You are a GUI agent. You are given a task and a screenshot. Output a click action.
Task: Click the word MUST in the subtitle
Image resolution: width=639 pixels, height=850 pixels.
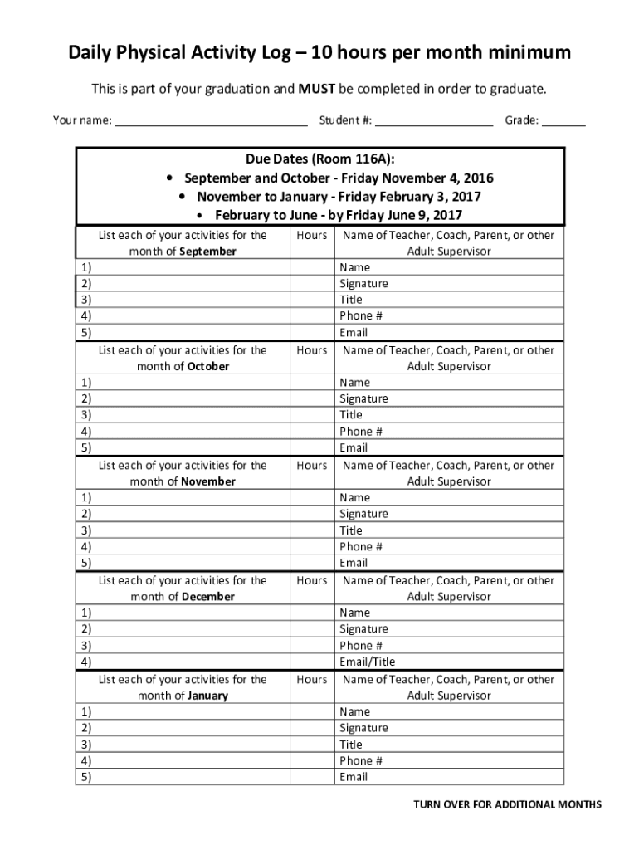315,88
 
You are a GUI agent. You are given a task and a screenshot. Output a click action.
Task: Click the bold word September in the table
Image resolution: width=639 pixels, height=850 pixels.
207,252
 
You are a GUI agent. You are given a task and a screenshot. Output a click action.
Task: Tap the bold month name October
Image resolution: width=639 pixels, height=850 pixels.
207,366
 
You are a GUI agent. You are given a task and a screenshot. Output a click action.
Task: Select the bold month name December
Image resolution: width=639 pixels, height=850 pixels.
208,597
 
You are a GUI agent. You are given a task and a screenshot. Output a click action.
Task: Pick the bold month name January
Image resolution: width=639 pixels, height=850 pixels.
207,696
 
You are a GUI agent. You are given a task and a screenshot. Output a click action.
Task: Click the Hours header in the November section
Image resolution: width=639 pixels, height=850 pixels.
312,466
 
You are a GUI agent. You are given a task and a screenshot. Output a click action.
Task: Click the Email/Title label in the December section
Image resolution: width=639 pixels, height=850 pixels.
367,662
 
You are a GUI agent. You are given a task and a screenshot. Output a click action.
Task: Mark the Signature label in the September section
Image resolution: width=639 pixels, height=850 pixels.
363,284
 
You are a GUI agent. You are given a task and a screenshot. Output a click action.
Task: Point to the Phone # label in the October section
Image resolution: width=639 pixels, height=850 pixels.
361,432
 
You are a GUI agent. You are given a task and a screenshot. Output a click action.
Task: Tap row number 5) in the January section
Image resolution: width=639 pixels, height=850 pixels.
86,777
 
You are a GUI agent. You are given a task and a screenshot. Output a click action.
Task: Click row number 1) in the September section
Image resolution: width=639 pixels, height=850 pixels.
86,267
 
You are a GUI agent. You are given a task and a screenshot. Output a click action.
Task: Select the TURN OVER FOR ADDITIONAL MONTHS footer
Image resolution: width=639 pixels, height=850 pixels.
508,804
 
